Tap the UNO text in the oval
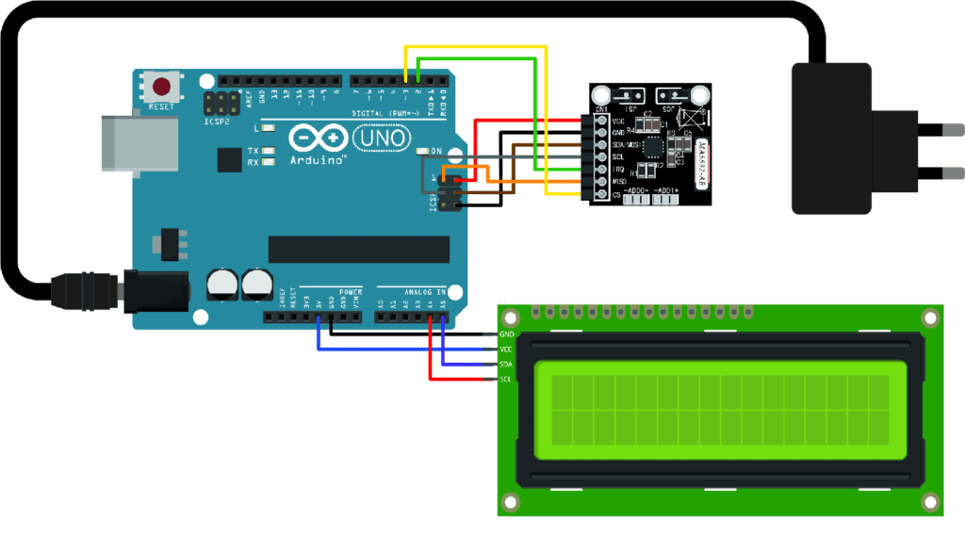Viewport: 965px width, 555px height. click(381, 139)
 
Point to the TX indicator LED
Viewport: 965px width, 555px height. click(269, 151)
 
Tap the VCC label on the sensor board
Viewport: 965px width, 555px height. click(618, 121)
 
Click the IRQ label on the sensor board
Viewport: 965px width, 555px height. click(618, 169)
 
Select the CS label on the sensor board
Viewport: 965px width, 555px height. click(616, 194)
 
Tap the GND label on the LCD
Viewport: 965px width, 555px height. click(506, 335)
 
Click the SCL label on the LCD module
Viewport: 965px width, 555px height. click(506, 379)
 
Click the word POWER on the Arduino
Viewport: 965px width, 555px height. click(351, 292)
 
